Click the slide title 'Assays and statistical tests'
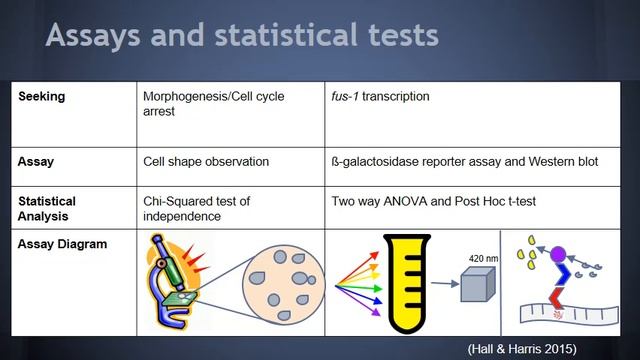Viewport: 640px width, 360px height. (x=242, y=36)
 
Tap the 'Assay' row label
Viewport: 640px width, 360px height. (x=36, y=159)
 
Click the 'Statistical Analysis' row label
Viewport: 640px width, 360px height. (x=47, y=208)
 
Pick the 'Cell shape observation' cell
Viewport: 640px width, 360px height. (x=205, y=159)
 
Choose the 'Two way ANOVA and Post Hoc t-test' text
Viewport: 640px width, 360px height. (x=433, y=201)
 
